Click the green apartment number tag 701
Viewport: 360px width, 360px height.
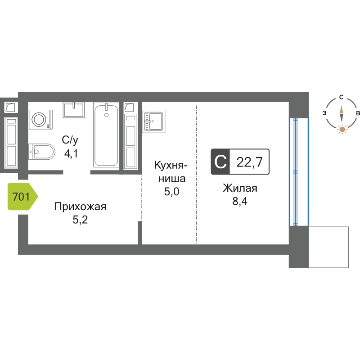click(22, 197)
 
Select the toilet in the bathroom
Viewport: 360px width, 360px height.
click(43, 152)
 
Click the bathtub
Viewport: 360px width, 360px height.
click(106, 135)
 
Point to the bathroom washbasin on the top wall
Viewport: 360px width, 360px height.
click(73, 110)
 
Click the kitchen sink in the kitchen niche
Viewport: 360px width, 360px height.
click(154, 121)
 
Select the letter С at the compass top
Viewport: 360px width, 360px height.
click(342, 97)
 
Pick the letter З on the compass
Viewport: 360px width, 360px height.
click(324, 113)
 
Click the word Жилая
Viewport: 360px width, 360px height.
click(240, 188)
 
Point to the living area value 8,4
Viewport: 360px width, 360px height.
click(240, 201)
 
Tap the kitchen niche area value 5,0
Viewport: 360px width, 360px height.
click(171, 192)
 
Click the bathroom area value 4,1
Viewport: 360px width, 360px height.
click(71, 154)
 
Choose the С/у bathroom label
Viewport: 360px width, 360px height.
click(70, 139)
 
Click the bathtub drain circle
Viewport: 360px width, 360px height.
click(107, 115)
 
